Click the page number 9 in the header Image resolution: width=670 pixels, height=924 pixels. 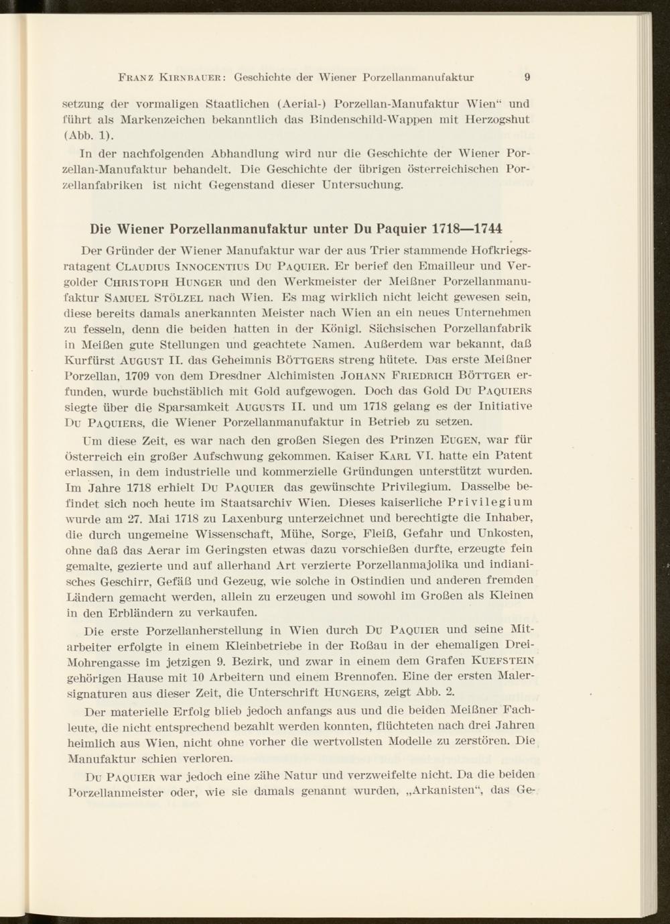(527, 76)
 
